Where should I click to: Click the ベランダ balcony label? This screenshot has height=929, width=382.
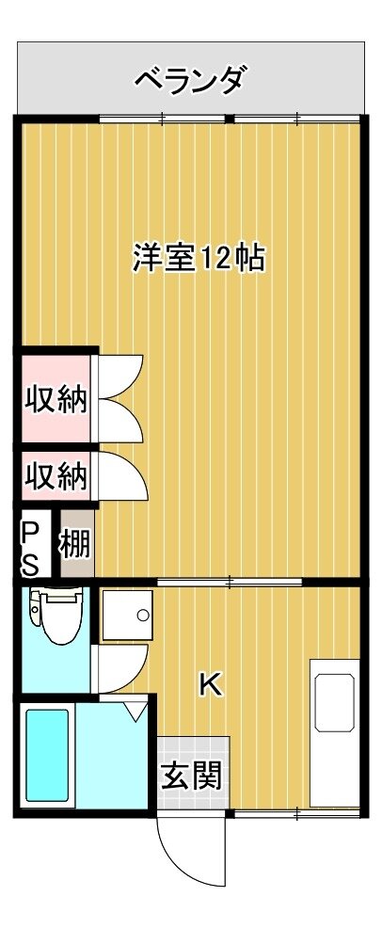coord(189,79)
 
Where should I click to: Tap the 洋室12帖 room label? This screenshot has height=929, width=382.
coord(199,258)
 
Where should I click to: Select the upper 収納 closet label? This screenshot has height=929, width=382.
coord(56,401)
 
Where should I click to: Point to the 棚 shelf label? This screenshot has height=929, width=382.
coord(75,544)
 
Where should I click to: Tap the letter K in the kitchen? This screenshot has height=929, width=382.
coord(210,685)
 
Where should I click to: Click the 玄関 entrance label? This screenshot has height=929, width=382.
coord(193,775)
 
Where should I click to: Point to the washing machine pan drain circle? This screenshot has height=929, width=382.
coord(143,615)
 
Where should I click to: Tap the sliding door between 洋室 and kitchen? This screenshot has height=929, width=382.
coord(230,582)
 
